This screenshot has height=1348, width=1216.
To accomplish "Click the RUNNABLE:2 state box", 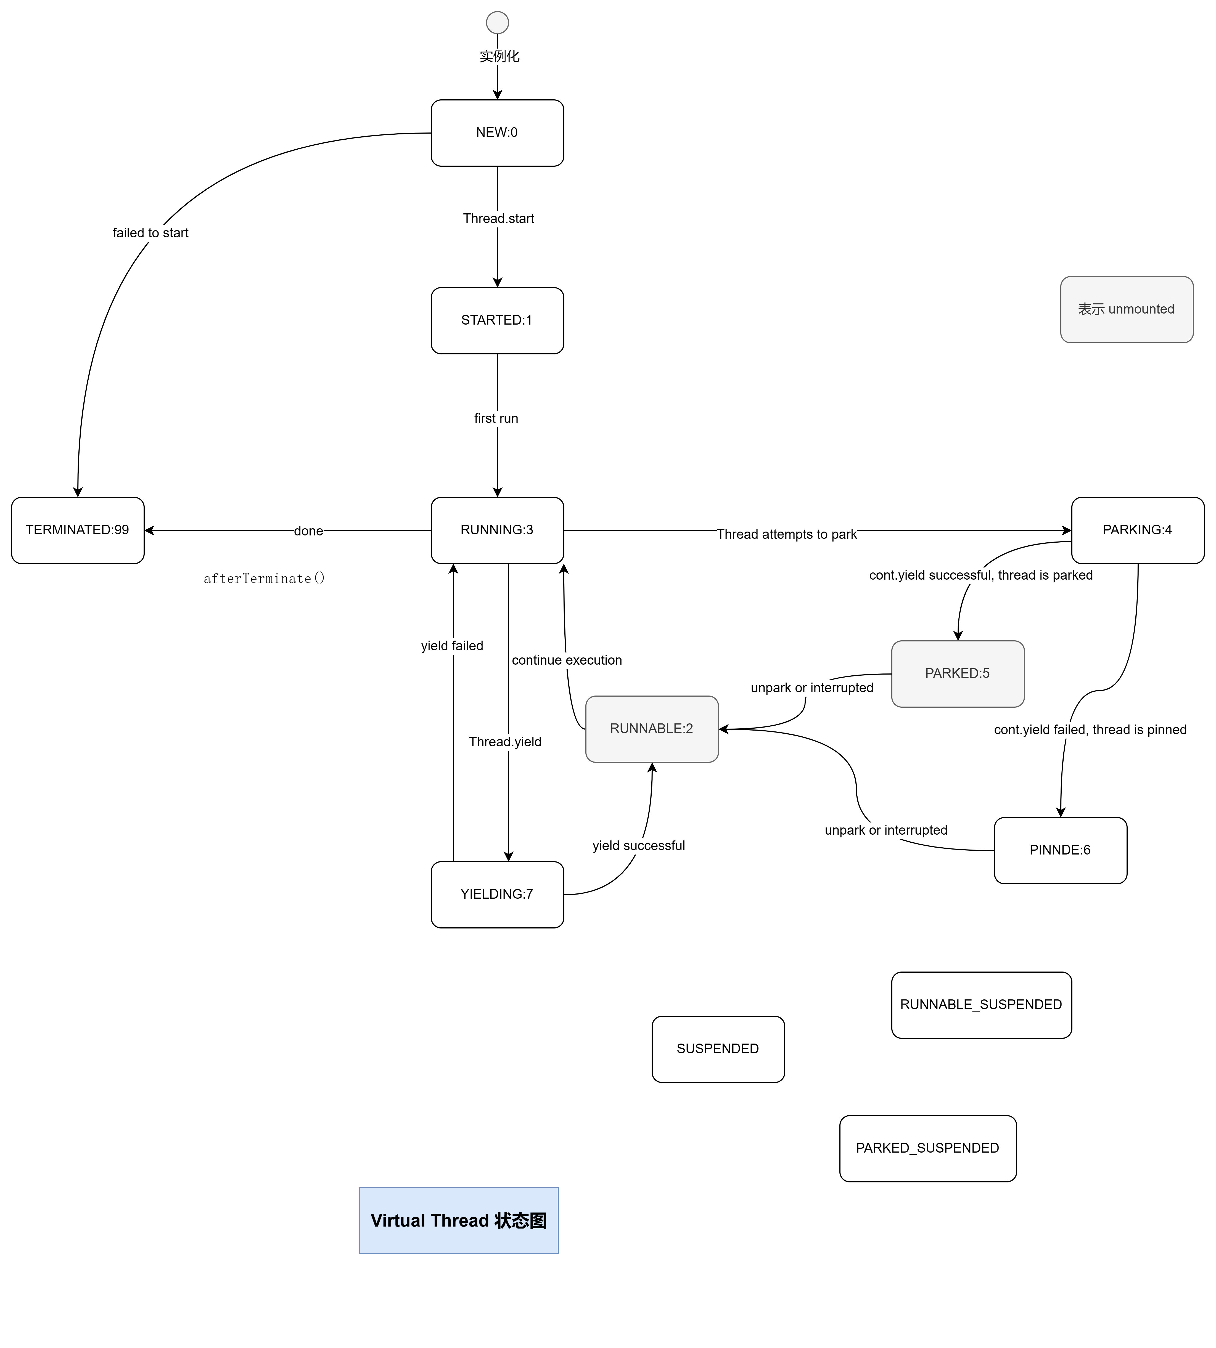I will coord(651,729).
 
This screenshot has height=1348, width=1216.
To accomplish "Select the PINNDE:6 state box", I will coord(1060,850).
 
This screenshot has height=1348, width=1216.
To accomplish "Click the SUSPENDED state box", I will coord(718,1049).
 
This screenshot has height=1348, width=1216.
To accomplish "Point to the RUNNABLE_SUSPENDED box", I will coord(981,1005).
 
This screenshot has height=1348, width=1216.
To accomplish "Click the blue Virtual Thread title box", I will coord(458,1220).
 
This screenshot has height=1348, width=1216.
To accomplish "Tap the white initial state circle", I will coord(497,23).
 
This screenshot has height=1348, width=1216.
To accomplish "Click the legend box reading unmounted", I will coord(1127,309).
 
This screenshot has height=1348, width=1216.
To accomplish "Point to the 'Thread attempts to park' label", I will coord(786,534).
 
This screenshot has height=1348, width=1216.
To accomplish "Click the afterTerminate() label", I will coord(265,579).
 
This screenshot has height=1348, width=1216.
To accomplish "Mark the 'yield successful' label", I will coord(639,846).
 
